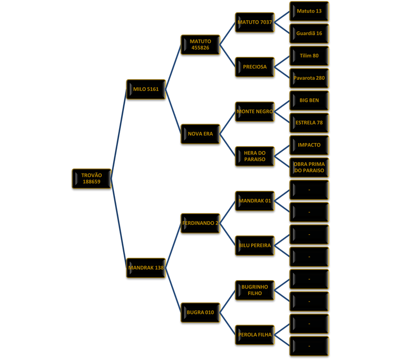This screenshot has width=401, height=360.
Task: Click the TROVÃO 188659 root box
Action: click(91, 178)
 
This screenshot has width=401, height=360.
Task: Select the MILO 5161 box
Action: click(146, 89)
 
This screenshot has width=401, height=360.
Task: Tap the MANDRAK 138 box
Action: click(146, 268)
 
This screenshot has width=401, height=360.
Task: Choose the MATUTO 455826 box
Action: click(200, 44)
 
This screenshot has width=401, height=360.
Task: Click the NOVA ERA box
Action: click(200, 134)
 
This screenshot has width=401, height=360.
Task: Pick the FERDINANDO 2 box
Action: click(200, 223)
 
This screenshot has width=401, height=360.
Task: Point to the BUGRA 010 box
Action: click(200, 313)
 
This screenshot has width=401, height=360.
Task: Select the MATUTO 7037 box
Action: click(255, 22)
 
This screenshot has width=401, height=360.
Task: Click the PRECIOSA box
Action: click(255, 67)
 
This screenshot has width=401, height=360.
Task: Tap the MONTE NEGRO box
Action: click(255, 112)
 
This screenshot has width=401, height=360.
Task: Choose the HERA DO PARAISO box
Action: click(255, 156)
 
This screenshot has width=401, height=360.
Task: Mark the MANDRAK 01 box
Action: click(255, 201)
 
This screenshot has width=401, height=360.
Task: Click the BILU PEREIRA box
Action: click(255, 245)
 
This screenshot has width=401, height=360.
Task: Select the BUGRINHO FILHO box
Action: click(255, 290)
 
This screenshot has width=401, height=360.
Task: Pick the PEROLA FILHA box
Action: click(255, 334)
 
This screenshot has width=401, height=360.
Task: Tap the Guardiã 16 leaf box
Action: click(309, 33)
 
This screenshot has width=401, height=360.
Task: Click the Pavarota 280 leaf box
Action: click(309, 78)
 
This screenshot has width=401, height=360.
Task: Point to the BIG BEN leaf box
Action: click(309, 100)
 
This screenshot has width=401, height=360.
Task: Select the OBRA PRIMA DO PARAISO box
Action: click(309, 167)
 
